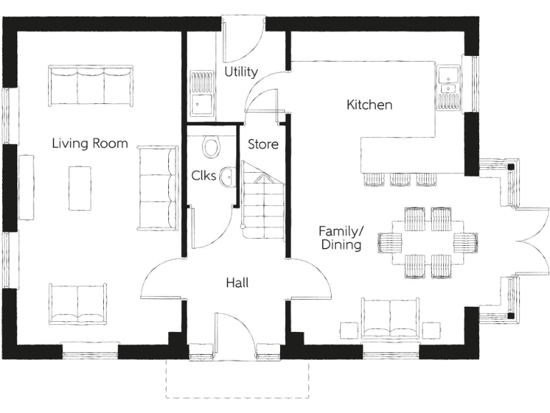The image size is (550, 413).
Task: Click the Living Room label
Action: [90, 143]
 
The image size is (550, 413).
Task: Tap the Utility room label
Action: [241, 72]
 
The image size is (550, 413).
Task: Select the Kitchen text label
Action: [370, 105]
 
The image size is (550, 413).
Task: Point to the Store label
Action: [263, 144]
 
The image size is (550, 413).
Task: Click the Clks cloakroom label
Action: [201, 175]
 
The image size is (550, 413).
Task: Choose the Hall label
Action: [237, 283]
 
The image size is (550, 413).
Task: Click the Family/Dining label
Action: [341, 238]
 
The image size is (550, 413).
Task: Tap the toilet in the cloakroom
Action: [211, 147]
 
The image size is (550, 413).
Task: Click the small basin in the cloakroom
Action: [228, 176]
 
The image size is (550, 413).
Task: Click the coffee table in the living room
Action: [79, 188]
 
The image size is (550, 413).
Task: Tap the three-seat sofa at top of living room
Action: [91, 86]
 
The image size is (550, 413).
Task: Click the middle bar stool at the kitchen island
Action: [400, 179]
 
